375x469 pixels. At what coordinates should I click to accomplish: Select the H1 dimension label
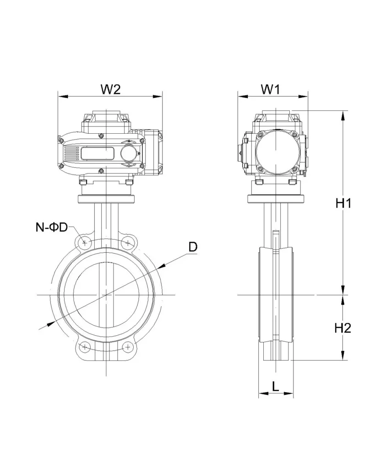click(x=342, y=204)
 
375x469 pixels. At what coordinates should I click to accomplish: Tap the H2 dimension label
click(x=342, y=328)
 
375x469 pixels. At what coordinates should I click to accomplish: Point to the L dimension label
click(x=275, y=386)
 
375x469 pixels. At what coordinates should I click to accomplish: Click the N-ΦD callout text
click(x=52, y=227)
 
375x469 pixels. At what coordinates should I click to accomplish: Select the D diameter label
click(x=193, y=247)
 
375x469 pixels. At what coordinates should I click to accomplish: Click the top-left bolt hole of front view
click(x=85, y=242)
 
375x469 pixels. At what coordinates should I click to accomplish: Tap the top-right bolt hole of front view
click(x=129, y=242)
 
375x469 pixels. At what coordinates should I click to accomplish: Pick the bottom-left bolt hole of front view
click(x=85, y=347)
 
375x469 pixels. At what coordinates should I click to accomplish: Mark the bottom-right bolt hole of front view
click(x=129, y=347)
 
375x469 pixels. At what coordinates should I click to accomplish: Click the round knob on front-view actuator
click(x=128, y=153)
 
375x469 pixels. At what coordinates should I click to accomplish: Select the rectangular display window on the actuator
click(x=98, y=153)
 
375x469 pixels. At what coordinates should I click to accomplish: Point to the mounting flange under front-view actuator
click(x=107, y=199)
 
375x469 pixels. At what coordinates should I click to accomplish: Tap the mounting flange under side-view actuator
click(x=277, y=199)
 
